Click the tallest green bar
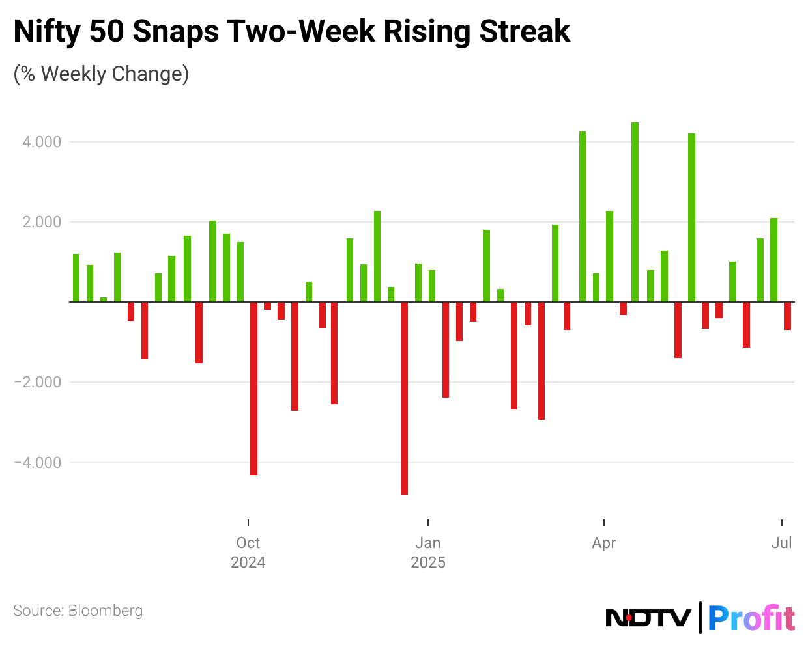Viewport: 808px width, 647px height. [x=635, y=212]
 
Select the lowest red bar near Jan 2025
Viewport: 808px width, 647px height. [x=405, y=398]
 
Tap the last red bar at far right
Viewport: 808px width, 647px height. [x=787, y=316]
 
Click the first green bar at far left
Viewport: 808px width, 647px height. [x=76, y=278]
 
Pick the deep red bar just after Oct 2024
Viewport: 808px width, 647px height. [x=253, y=389]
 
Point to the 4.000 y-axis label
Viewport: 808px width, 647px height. [x=42, y=142]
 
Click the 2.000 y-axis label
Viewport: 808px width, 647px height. [x=42, y=222]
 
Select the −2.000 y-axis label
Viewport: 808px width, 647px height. [x=38, y=382]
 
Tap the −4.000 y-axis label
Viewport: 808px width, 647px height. [x=38, y=463]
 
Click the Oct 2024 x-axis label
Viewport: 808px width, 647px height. [x=248, y=552]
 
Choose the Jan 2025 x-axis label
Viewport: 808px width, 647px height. [x=428, y=552]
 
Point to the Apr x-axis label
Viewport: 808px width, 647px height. [x=604, y=543]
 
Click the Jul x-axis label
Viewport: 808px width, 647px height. [x=781, y=543]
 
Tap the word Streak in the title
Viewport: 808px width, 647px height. [x=525, y=31]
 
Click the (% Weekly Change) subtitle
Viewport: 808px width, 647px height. [x=101, y=74]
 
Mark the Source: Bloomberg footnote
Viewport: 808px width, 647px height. [x=78, y=611]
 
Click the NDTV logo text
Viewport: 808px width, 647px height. [x=648, y=617]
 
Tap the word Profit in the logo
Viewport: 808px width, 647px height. [x=751, y=618]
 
